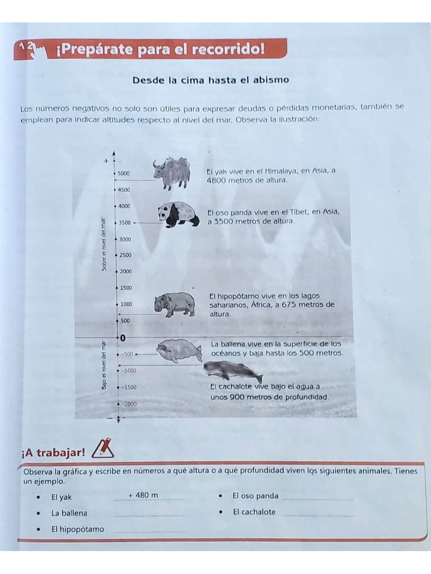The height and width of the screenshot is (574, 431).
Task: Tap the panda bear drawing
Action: pyautogui.click(x=178, y=215)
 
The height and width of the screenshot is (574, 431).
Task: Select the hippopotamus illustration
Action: pyautogui.click(x=175, y=304)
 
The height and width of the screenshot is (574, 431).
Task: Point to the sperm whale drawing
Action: pyautogui.click(x=232, y=371)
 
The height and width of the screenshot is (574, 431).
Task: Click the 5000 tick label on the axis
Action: pyautogui.click(x=124, y=174)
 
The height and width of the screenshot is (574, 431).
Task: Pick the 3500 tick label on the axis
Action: pyautogui.click(x=124, y=223)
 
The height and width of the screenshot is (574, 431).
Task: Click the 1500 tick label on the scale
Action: pyautogui.click(x=126, y=288)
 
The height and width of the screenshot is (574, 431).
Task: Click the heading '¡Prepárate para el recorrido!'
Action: pyautogui.click(x=161, y=50)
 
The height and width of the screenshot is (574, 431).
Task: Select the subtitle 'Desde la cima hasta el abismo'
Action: pyautogui.click(x=210, y=80)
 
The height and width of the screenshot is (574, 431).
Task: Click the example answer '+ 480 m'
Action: pyautogui.click(x=143, y=495)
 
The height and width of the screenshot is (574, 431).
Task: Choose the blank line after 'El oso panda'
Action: pyautogui.click(x=318, y=498)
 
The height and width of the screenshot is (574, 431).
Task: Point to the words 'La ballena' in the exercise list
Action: pyautogui.click(x=69, y=513)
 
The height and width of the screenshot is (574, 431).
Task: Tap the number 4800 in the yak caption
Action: pyautogui.click(x=216, y=180)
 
